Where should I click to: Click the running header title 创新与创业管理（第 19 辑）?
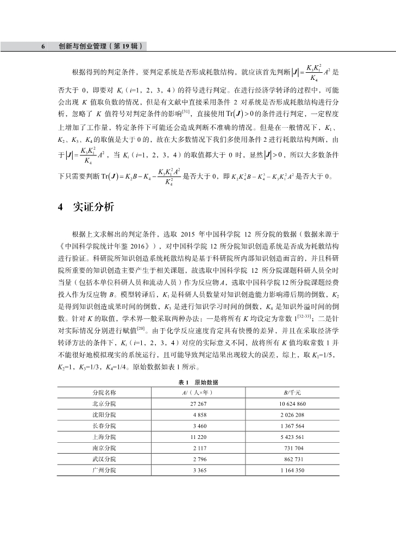pos(100,47)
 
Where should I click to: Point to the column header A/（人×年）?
pos(197,392)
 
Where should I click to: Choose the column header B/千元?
pos(293,392)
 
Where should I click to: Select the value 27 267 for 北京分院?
pos(198,405)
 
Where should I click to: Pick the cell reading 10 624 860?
pos(293,405)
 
